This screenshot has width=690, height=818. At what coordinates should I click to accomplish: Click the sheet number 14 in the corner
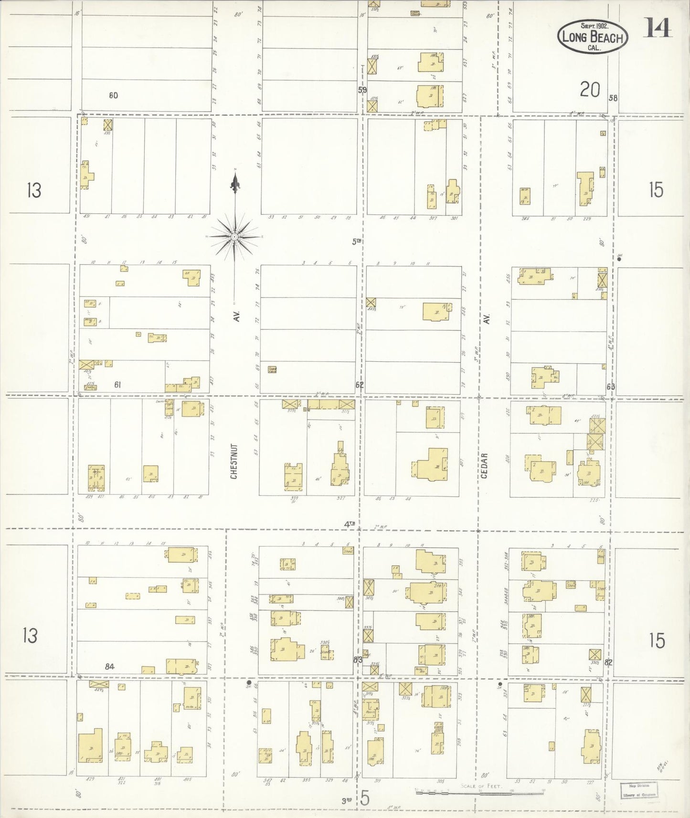(x=657, y=28)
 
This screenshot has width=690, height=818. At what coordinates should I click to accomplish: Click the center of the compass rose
(x=234, y=237)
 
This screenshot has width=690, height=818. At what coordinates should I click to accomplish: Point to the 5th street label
(x=356, y=241)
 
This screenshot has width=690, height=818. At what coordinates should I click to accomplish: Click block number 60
(x=113, y=95)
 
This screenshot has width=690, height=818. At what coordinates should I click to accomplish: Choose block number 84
(x=110, y=666)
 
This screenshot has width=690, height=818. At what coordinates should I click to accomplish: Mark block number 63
(x=610, y=387)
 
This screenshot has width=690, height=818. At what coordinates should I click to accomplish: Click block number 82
(x=608, y=662)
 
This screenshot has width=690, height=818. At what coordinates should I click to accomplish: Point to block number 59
(x=362, y=89)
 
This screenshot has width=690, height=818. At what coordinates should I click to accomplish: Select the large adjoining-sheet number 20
(x=590, y=90)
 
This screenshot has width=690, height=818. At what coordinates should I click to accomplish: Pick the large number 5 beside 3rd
(x=365, y=798)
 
